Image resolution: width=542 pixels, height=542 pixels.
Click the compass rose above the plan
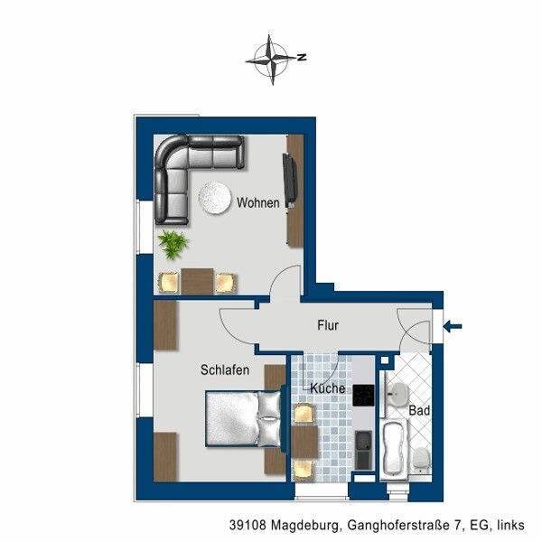[x=271, y=60]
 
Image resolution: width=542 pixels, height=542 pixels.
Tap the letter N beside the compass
[x=302, y=57]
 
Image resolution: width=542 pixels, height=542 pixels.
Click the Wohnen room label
[x=257, y=202]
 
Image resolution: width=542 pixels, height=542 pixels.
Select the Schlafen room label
[x=225, y=369]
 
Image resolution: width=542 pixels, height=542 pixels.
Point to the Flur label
[x=328, y=325]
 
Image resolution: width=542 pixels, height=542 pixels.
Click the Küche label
[x=327, y=388]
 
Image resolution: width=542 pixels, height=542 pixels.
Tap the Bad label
[x=419, y=411]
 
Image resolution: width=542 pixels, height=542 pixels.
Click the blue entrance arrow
[x=453, y=326]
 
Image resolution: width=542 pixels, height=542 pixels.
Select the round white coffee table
[x=214, y=198]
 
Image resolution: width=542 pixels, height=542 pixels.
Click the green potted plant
[x=173, y=245]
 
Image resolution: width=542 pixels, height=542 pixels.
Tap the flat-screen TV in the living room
[x=290, y=181]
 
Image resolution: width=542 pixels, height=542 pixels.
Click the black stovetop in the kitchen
[x=363, y=396]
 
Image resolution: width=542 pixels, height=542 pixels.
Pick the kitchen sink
[x=363, y=450]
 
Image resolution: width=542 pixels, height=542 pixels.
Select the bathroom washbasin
[x=397, y=394]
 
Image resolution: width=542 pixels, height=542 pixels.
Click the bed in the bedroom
[x=244, y=419]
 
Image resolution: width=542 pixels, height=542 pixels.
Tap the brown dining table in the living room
[x=197, y=281]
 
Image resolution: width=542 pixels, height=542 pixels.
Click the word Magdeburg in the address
[x=304, y=526]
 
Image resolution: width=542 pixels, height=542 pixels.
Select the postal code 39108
[x=248, y=525]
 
